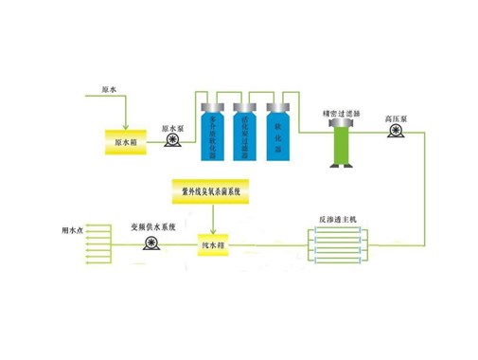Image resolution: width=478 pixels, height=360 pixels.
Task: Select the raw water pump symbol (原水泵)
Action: (173, 142)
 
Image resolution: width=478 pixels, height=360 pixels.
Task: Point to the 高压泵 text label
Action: (397, 119)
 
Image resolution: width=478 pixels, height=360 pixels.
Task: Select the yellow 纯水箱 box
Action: (214, 247)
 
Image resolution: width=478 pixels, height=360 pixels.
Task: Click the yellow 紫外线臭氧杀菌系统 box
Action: (212, 190)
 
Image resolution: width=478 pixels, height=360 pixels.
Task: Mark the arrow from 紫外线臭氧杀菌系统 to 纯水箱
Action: (212, 223)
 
